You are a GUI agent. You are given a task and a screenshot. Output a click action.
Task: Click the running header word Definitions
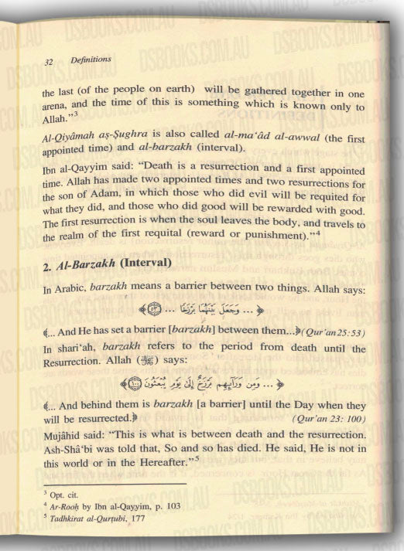[x=90, y=59]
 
